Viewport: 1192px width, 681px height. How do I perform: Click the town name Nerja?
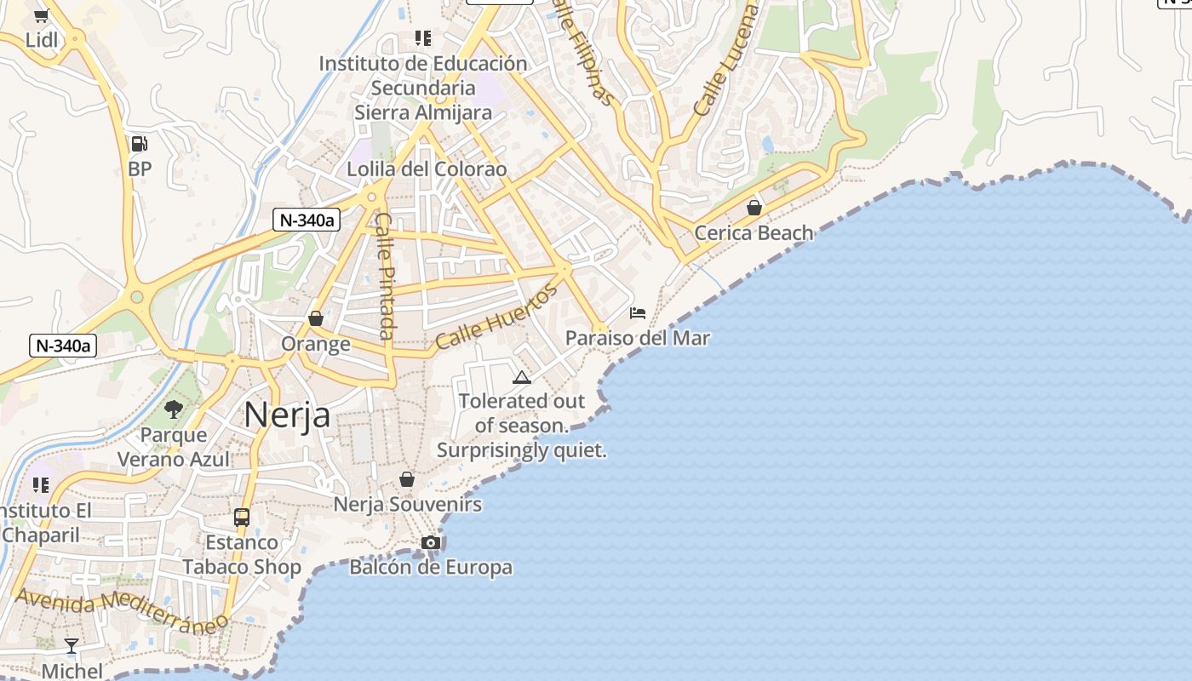(287, 415)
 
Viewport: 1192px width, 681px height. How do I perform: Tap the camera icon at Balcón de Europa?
(431, 543)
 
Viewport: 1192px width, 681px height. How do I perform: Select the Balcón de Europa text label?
(431, 567)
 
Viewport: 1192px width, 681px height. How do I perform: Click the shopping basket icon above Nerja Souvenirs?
(407, 479)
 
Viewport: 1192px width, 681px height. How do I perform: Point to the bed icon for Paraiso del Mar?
(638, 313)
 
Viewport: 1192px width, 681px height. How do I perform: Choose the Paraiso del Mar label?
(638, 338)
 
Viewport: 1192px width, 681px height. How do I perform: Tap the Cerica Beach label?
(754, 232)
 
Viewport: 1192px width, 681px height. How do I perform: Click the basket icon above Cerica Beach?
(754, 208)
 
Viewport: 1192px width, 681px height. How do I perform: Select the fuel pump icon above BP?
(139, 144)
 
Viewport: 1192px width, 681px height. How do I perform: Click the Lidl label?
(42, 40)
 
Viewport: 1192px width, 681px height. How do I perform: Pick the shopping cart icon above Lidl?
(41, 15)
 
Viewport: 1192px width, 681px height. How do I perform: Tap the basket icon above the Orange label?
(316, 318)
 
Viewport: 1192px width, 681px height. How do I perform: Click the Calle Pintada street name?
(385, 276)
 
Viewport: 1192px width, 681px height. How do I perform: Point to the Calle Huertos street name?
(496, 317)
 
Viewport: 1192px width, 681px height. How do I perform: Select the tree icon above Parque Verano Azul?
(174, 409)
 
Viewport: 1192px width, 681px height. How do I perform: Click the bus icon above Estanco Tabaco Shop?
(242, 518)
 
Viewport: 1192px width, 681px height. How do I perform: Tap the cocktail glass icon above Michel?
(72, 646)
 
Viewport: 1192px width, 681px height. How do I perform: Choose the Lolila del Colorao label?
(427, 169)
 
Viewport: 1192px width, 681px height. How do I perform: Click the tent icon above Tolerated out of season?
(522, 377)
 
